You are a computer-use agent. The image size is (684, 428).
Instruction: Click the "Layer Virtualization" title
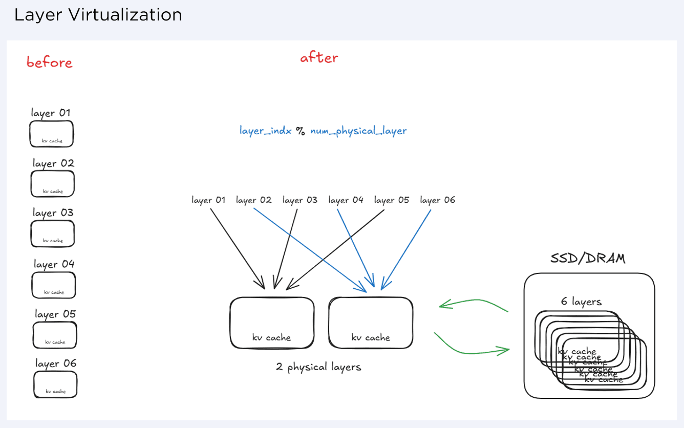pos(98,15)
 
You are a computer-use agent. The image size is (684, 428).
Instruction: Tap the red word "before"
pos(49,62)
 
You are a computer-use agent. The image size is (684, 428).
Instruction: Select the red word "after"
pos(319,57)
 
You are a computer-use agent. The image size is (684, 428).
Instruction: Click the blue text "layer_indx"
pos(265,131)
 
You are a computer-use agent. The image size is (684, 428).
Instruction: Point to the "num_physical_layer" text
pos(358,131)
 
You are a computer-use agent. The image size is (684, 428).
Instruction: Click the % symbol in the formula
pos(301,131)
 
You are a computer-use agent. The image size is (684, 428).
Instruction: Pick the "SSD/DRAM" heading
pos(588,258)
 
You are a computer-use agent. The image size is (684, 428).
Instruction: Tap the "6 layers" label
pos(581,302)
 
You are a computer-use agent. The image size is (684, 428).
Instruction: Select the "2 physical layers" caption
pos(318,367)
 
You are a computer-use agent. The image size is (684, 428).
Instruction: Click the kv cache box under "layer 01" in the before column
pos(51,134)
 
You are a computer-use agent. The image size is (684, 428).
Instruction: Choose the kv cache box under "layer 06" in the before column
pos(55,384)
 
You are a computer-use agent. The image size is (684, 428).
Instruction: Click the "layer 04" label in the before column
pos(54,264)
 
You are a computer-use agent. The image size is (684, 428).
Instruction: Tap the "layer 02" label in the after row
pos(253,200)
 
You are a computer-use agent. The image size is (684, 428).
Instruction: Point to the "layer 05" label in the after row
pos(392,200)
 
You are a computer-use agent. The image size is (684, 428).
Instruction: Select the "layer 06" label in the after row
pos(437,200)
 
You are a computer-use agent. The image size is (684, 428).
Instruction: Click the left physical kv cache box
pos(272,323)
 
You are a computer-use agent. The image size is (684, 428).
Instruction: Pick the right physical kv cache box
pos(371,323)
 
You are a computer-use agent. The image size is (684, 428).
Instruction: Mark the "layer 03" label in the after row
pos(300,200)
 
